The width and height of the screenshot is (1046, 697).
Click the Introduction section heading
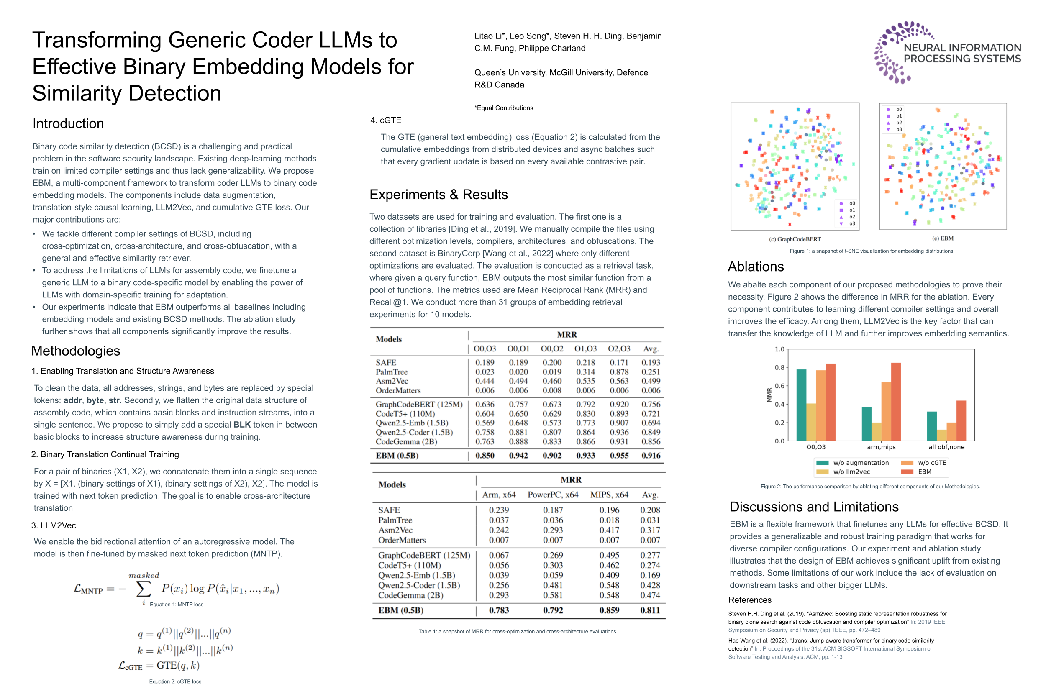coord(68,123)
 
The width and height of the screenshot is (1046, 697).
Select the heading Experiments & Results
coord(438,195)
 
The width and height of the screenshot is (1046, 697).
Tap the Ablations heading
coord(755,267)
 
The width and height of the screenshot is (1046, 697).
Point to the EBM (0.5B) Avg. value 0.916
coord(650,456)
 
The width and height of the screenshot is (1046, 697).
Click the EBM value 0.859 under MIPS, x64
coord(609,610)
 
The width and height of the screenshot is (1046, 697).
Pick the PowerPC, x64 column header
coord(553,495)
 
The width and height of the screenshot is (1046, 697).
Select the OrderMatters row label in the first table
coord(398,391)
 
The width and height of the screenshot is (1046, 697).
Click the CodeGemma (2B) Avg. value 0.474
coord(650,595)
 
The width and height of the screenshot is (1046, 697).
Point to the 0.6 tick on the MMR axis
coord(780,386)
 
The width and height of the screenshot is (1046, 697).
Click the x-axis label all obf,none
coord(946,447)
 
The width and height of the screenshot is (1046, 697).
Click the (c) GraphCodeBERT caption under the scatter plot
coord(795,239)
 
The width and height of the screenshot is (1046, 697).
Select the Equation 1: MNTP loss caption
coord(177,605)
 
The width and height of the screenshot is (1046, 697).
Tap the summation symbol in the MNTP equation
coord(143,589)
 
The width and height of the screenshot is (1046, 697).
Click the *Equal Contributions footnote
coord(504,108)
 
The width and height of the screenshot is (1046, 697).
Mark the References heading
coord(749,600)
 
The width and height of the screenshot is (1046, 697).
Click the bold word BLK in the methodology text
coord(242,425)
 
